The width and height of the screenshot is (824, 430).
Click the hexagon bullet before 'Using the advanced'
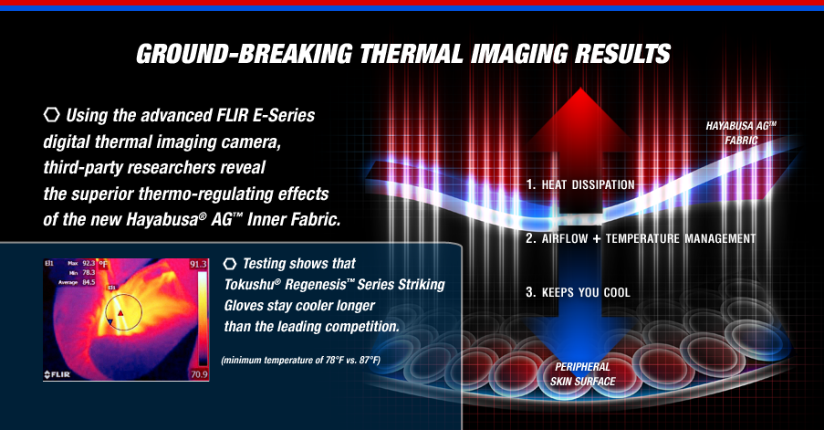[x=51, y=115]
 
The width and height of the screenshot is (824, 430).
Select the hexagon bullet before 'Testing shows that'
[x=230, y=263]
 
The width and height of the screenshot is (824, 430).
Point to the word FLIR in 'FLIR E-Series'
[x=233, y=115]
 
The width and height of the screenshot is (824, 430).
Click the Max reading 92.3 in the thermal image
[x=89, y=263]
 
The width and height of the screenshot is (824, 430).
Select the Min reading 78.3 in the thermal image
[x=89, y=272]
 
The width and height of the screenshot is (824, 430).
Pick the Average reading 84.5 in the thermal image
[x=89, y=282]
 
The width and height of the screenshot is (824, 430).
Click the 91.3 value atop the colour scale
[x=199, y=264]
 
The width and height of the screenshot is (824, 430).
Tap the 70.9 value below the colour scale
[x=199, y=374]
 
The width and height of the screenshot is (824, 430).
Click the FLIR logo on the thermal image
[x=57, y=374]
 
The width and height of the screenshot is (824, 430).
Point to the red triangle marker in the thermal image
[x=120, y=313]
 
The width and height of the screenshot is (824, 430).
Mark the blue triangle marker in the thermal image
[x=110, y=321]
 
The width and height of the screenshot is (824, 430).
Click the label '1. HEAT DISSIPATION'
[x=580, y=184]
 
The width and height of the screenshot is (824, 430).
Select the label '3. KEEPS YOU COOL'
[x=578, y=292]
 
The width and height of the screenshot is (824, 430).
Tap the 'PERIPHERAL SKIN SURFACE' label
[x=583, y=374]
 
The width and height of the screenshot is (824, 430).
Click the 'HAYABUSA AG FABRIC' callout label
[x=741, y=133]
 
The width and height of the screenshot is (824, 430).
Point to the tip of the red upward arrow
[x=580, y=88]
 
